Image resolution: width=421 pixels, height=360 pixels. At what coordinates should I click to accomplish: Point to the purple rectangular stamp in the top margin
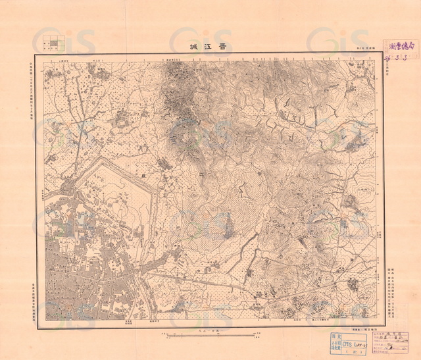click(399, 47)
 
